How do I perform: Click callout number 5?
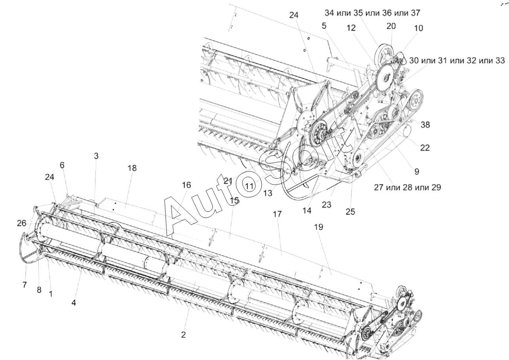point(324,26)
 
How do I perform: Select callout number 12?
point(351,28)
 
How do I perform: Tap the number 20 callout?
point(391,27)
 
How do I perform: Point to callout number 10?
point(419,28)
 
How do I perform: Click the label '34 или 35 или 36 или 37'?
point(372,13)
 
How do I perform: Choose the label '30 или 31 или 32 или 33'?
point(457,61)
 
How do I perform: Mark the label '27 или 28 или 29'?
point(408,187)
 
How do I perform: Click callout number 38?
point(425,125)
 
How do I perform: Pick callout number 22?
point(425,148)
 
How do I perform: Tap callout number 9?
point(417,171)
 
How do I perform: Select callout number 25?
point(350,212)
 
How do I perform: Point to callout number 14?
point(307,211)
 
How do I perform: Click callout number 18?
point(132,168)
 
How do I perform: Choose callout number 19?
point(318,227)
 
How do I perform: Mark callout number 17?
point(277,214)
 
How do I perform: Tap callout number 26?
point(21,223)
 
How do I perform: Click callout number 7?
point(25,285)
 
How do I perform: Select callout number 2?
point(183,335)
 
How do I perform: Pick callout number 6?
point(62,165)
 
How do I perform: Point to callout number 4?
point(74,303)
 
